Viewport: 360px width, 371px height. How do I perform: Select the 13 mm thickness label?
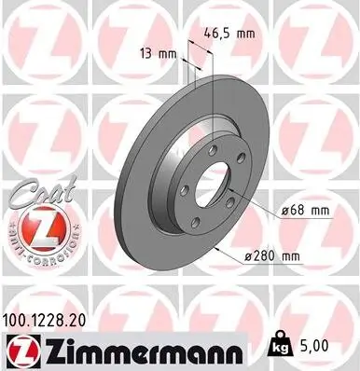(x=157, y=53)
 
